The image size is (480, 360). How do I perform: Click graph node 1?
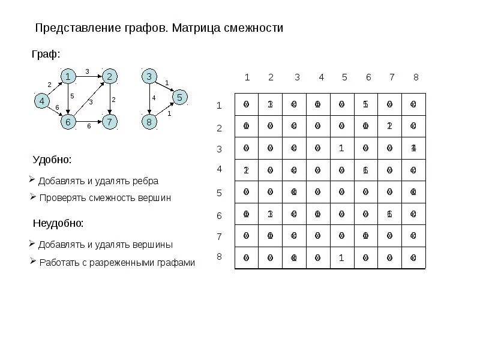tap(68, 76)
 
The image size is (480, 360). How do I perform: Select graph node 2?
tap(110, 76)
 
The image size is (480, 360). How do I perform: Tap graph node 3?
tap(149, 76)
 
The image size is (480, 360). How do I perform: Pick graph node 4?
tap(41, 101)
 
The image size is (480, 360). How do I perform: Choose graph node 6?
tap(68, 122)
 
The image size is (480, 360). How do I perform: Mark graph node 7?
tap(110, 122)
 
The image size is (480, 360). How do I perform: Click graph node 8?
tap(149, 122)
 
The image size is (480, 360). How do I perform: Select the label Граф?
tap(46, 55)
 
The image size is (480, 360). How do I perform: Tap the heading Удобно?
tap(52, 160)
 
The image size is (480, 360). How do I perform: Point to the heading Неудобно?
tap(58, 223)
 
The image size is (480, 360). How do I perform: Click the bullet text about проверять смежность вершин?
tap(105, 198)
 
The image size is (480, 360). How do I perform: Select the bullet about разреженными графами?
tap(117, 263)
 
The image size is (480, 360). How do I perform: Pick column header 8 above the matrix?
tap(416, 77)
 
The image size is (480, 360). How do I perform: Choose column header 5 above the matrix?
tap(344, 77)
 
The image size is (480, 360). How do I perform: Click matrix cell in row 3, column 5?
tap(341, 148)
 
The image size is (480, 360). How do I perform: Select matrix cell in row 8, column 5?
tap(341, 257)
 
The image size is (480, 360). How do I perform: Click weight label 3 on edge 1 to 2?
tap(88, 72)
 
